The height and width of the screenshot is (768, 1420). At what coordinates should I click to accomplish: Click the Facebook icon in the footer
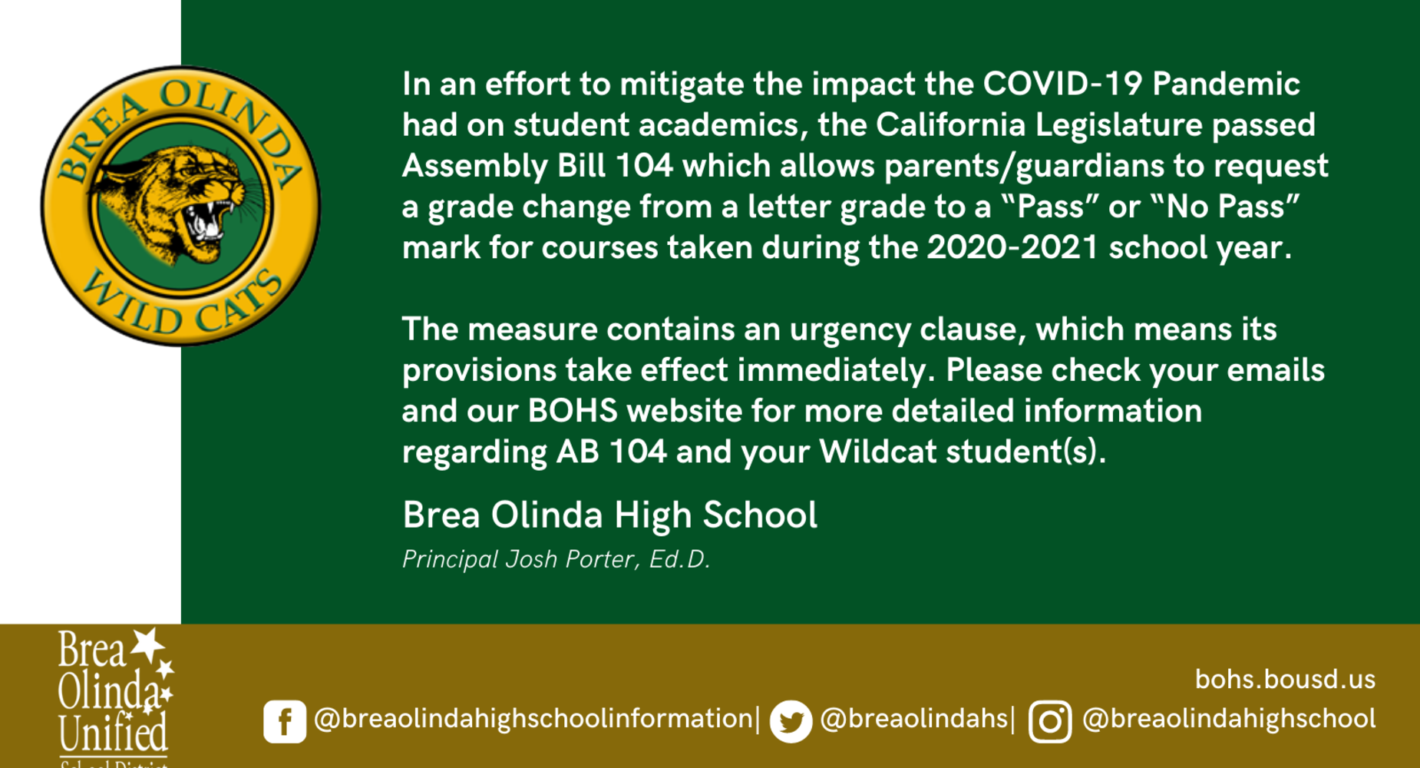285,721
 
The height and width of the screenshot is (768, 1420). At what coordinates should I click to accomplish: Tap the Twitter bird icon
791,721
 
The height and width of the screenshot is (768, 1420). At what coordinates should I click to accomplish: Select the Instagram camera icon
1050,721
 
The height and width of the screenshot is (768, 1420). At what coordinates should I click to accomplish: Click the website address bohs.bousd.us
1285,679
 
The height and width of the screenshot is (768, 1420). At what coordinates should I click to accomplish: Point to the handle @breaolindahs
913,719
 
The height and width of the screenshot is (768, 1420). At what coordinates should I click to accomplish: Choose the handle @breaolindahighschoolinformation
533,719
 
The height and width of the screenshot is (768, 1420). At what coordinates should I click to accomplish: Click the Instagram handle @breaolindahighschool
1229,719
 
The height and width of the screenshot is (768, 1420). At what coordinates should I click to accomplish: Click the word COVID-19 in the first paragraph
1063,84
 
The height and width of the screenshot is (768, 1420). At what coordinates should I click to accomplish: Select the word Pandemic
1226,84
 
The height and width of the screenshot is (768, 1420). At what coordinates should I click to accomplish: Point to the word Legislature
1118,125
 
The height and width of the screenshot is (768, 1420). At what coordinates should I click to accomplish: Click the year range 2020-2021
1012,247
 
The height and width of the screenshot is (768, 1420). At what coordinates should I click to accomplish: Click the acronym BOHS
573,411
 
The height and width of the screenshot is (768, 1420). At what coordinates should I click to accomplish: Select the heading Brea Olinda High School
610,515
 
